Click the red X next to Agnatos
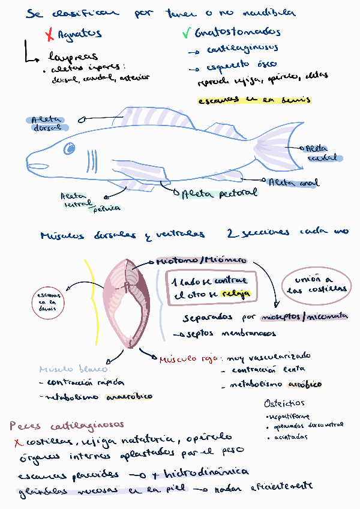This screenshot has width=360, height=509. tap(50, 35)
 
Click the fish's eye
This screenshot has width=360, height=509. tap(70, 148)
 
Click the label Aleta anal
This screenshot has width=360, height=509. tap(293, 182)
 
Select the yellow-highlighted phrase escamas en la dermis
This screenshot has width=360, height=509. tap(255, 100)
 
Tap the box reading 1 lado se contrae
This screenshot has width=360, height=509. tap(210, 288)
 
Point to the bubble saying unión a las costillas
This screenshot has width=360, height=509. tap(316, 284)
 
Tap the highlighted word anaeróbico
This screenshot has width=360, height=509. tap(130, 396)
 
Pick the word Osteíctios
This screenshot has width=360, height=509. tap(284, 403)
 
